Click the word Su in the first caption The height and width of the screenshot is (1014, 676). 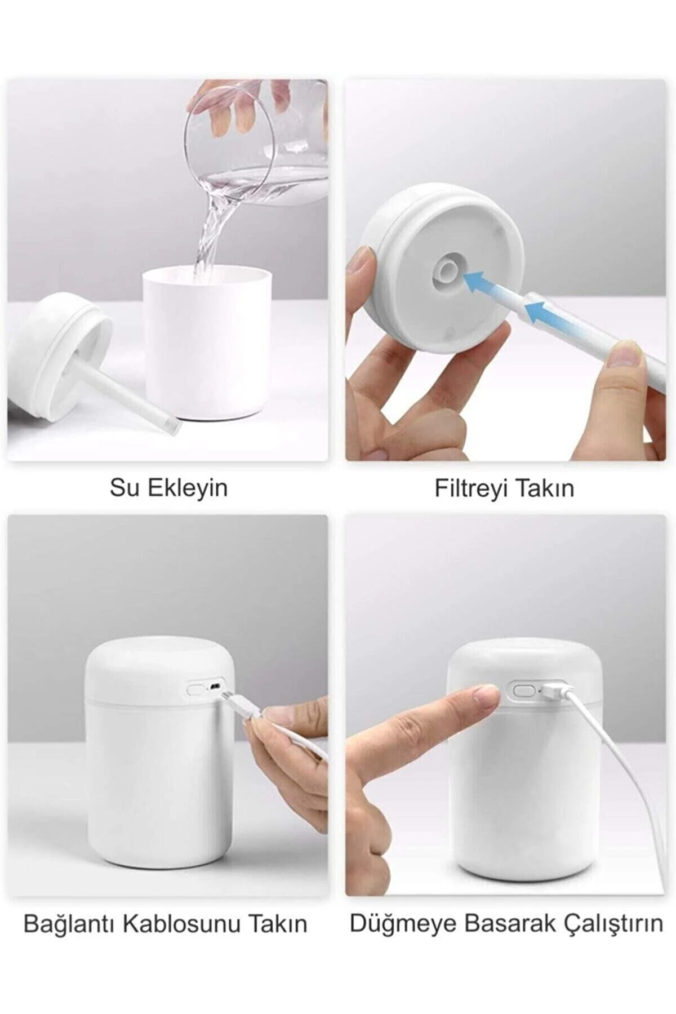click(x=121, y=488)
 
